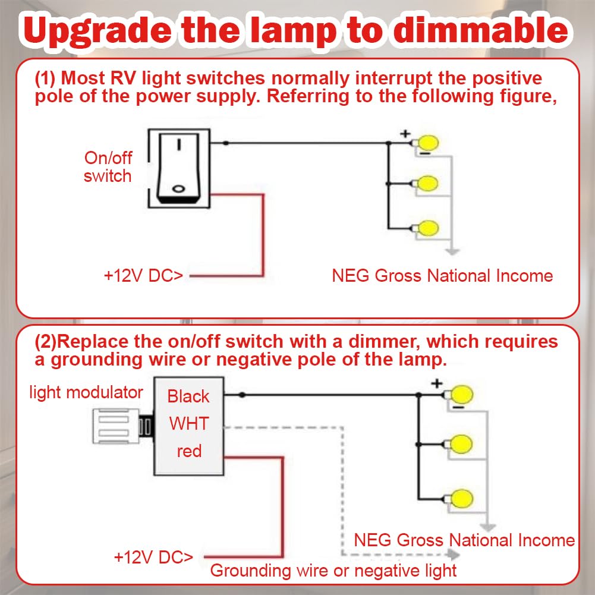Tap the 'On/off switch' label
coord(108,167)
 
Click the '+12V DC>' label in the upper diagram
coord(143,276)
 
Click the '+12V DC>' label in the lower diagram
coord(153,557)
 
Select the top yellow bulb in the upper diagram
coord(429,143)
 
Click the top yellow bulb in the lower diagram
coord(462,395)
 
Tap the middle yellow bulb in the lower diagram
coord(462,444)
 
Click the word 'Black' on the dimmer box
coord(188,396)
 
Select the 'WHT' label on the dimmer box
coord(189,424)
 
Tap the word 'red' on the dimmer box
coord(189,451)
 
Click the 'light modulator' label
coord(86,392)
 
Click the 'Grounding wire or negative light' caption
coord(333,571)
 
